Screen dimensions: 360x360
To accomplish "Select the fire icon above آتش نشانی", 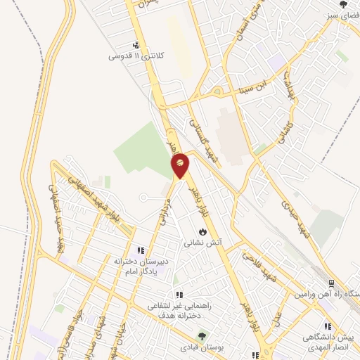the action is point(203,231).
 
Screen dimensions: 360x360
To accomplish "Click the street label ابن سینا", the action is point(252,89).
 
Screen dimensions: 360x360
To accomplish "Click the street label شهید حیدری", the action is point(295,215).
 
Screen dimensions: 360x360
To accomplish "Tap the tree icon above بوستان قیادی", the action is point(202,337).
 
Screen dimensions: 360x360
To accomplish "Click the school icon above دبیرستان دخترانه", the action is point(141,250).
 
